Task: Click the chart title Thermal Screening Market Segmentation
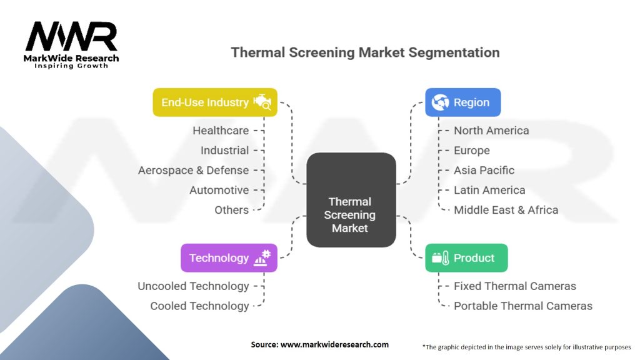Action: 365,52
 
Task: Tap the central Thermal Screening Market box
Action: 351,199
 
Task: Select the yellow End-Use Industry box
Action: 215,102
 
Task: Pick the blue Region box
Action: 462,102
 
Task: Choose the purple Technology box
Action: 229,257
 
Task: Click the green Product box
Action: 466,257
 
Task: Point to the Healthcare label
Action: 221,131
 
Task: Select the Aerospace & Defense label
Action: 194,170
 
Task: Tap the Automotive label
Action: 219,190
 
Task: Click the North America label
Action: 491,131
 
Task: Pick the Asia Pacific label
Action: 484,170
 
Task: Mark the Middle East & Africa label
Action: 506,210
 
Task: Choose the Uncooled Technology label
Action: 193,286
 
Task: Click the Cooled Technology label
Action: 199,306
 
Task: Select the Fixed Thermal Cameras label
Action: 515,286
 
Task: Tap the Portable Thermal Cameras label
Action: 523,306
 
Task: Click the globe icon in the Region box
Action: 440,102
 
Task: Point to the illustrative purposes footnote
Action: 527,346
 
